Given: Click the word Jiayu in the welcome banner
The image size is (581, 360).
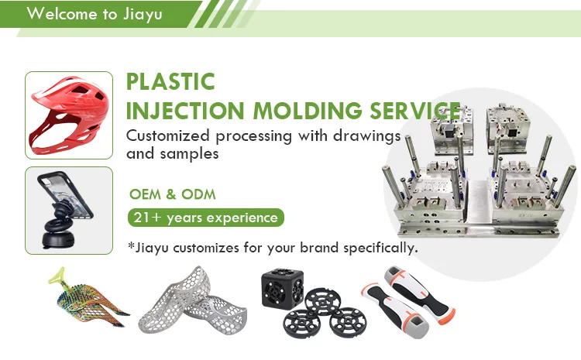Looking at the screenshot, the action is (x=143, y=14).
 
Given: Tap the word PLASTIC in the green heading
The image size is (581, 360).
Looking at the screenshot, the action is (x=170, y=81).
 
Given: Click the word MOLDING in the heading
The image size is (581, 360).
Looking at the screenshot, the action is (x=308, y=111).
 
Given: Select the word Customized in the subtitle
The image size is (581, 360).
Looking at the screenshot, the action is (x=168, y=135).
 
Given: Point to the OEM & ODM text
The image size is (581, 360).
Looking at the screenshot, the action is (x=172, y=194).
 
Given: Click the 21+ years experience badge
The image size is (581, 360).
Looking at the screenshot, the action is (x=205, y=218).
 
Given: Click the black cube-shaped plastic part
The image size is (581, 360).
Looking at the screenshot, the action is (x=282, y=288).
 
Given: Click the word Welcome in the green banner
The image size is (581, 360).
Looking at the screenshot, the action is (x=62, y=14).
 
